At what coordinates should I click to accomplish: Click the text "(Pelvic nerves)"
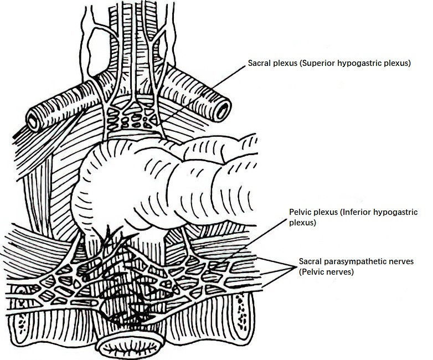(x=326, y=272)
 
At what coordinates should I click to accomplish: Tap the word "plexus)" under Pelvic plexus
(x=303, y=223)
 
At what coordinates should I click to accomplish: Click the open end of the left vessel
(x=33, y=121)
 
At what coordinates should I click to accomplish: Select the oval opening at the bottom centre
(x=130, y=344)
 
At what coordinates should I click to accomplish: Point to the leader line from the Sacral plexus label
(x=203, y=94)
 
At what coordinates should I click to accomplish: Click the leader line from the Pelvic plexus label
(x=249, y=244)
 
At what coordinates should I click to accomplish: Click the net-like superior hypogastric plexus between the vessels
(x=131, y=118)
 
